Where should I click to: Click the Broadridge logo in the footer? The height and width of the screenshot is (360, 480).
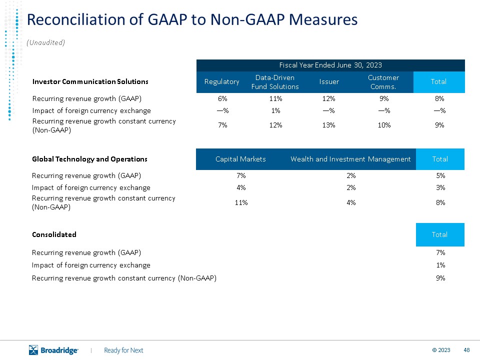(x=53, y=350)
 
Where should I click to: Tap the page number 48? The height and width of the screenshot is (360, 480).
(x=466, y=350)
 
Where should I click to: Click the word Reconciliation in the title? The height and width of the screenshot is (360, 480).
(x=76, y=19)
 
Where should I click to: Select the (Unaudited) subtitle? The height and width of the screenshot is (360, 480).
(x=45, y=42)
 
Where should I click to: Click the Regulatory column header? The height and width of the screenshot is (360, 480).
(x=221, y=81)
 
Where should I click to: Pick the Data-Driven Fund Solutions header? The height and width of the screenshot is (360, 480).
(x=275, y=82)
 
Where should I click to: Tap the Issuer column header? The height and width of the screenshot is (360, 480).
(x=329, y=81)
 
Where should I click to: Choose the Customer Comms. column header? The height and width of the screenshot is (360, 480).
(x=383, y=82)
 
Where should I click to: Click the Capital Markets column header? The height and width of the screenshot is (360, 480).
(x=240, y=159)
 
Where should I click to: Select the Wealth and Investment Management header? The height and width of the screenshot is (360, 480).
(x=350, y=159)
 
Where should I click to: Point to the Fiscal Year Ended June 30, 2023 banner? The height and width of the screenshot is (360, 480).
(x=330, y=65)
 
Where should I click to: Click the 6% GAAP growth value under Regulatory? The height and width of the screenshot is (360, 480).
(x=222, y=98)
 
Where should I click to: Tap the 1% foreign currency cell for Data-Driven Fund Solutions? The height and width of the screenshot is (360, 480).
(x=275, y=110)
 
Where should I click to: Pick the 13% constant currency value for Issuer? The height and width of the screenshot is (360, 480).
(x=329, y=125)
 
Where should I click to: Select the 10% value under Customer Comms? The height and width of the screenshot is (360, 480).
(x=384, y=125)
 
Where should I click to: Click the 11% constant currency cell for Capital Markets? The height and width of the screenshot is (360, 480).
(x=241, y=202)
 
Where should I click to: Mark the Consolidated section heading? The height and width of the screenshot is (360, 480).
(x=54, y=234)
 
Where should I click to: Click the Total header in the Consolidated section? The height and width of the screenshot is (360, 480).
(x=440, y=234)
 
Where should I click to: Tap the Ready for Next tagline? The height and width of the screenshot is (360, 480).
(x=123, y=350)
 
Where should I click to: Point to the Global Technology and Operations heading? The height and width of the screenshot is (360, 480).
(x=89, y=159)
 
